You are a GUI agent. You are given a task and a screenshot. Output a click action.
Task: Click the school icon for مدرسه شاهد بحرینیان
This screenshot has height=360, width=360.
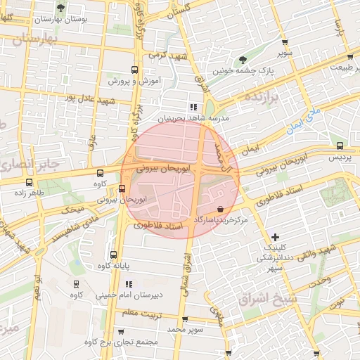[194, 107]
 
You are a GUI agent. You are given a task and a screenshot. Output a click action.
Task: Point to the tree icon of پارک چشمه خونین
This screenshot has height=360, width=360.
[243, 60]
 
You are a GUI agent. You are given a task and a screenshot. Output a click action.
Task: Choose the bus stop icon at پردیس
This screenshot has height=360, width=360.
[340, 146]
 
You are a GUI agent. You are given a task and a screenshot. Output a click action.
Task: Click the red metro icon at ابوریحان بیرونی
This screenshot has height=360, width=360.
[122, 188]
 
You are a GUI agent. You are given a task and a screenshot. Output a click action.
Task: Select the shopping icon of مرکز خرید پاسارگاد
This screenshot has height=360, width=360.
[221, 208]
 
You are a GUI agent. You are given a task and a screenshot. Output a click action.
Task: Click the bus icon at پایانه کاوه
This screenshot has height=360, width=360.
[114, 255]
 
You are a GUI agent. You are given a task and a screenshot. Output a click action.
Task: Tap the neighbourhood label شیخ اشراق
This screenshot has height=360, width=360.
[270, 299]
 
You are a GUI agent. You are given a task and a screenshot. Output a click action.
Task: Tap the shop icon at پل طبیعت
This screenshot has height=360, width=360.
[349, 58]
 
